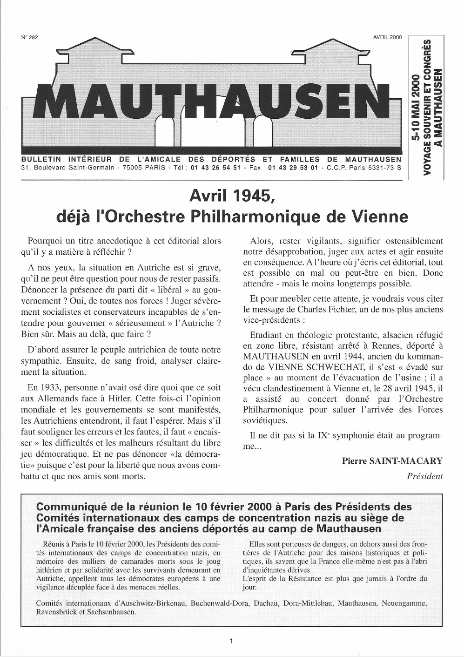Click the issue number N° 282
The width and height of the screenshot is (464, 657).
[x=29, y=38]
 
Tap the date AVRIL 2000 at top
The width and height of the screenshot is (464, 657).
[x=387, y=38]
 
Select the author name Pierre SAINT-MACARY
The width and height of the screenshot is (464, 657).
[x=392, y=461]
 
